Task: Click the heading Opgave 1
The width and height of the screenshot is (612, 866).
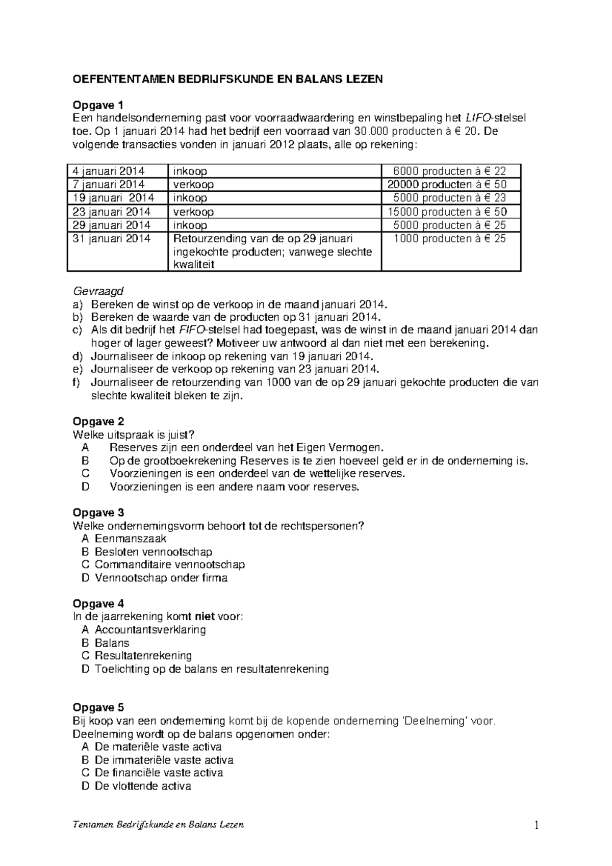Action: [98, 106]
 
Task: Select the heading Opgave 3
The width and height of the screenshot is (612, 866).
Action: [98, 513]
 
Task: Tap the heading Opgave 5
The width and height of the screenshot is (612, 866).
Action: [98, 707]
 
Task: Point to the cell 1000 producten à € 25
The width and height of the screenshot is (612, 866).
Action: [449, 239]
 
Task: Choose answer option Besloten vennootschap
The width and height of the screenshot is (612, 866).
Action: [153, 552]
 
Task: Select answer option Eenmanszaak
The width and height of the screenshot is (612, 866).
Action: [131, 539]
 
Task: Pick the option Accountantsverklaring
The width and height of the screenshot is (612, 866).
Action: [150, 630]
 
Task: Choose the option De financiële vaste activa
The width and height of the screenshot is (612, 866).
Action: [159, 773]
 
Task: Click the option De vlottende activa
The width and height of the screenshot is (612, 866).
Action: [143, 786]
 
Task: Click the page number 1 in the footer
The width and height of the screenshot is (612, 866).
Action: [537, 825]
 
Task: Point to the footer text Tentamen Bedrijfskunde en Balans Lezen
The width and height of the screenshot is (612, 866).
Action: [159, 825]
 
